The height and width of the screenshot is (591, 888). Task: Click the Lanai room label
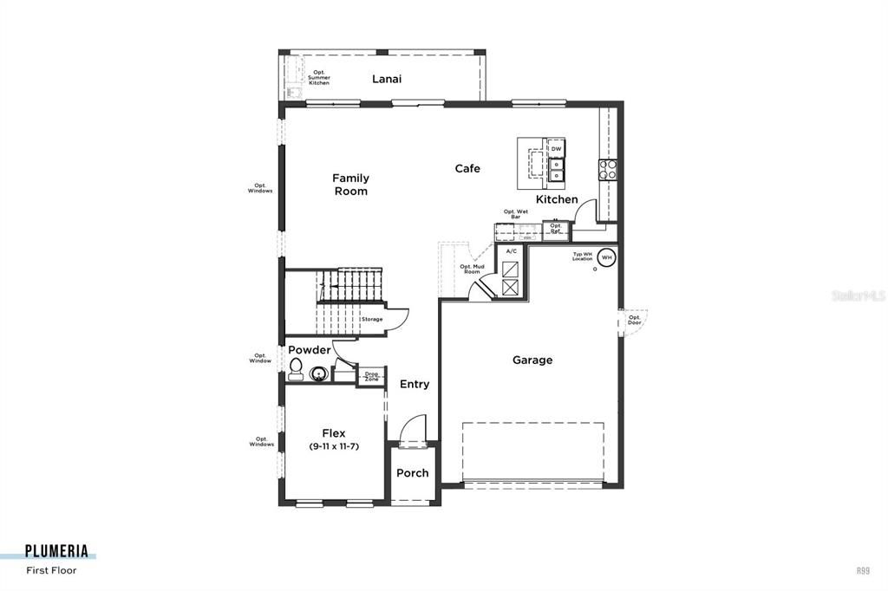tap(387, 79)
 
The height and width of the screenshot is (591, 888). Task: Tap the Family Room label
tap(350, 185)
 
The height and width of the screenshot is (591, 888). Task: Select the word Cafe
tap(467, 168)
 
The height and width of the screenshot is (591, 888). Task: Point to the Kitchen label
tap(557, 199)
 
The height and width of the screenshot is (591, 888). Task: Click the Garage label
tap(532, 360)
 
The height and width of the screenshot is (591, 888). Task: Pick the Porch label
tap(412, 473)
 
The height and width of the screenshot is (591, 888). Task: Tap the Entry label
tap(415, 384)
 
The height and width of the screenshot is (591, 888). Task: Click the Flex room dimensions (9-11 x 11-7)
tap(334, 446)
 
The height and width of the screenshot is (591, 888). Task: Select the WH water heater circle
tap(607, 257)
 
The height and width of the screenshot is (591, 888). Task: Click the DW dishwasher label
tap(557, 149)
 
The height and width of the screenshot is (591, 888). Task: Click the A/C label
tap(510, 251)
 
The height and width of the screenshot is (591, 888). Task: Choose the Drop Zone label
tap(371, 377)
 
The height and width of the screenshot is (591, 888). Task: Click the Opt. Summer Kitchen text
tap(319, 78)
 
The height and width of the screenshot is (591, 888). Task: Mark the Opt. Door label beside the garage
tap(635, 320)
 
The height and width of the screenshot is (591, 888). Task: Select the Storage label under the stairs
tap(372, 319)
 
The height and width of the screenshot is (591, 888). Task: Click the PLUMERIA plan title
tap(56, 550)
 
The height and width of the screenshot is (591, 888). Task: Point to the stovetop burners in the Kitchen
tap(608, 169)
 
